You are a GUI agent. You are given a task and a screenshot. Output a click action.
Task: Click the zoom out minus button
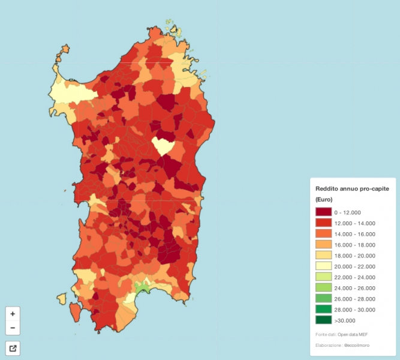(x=13, y=328)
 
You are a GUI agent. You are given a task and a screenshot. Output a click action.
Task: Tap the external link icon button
(x=13, y=348)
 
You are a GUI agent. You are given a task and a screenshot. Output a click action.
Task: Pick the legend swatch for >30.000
(x=324, y=320)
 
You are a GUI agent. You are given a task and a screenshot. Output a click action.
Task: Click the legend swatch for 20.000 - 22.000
(x=324, y=266)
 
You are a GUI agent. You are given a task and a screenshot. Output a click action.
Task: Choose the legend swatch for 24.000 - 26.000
(x=324, y=288)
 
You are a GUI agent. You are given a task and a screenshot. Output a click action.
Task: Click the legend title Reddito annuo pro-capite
(x=352, y=188)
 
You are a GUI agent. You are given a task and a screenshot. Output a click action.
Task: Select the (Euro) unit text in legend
(x=324, y=199)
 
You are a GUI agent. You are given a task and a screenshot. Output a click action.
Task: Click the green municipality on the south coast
(x=142, y=288)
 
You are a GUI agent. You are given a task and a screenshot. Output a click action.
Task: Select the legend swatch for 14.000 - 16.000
(x=324, y=234)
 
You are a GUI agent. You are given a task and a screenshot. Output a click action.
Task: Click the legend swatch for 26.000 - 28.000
(x=324, y=299)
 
